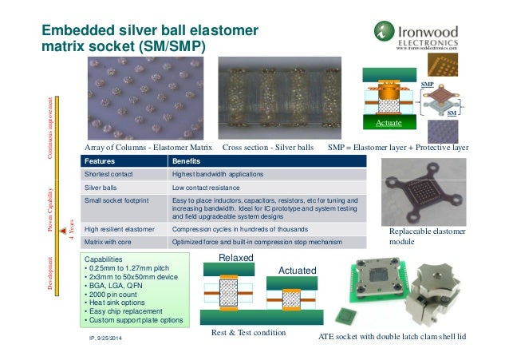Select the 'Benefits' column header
point(187,161)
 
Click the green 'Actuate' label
point(389,124)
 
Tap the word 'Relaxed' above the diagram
point(237,258)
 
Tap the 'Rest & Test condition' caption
point(247,332)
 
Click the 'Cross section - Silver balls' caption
point(269,148)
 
